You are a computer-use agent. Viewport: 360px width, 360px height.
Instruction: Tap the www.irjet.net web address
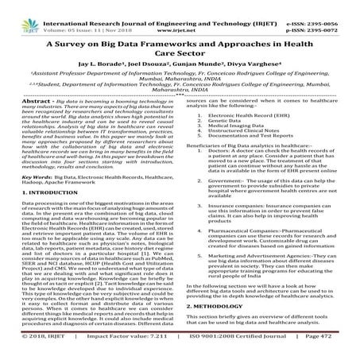(179, 15)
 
